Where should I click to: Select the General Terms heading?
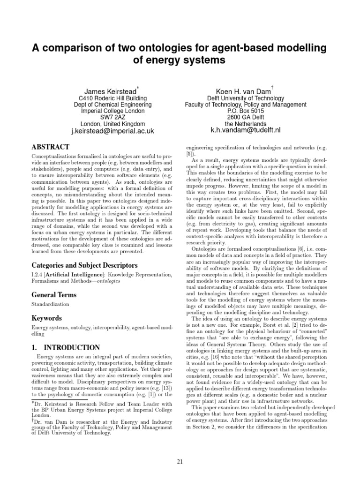[54, 295]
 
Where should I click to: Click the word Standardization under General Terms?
[50, 304]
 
